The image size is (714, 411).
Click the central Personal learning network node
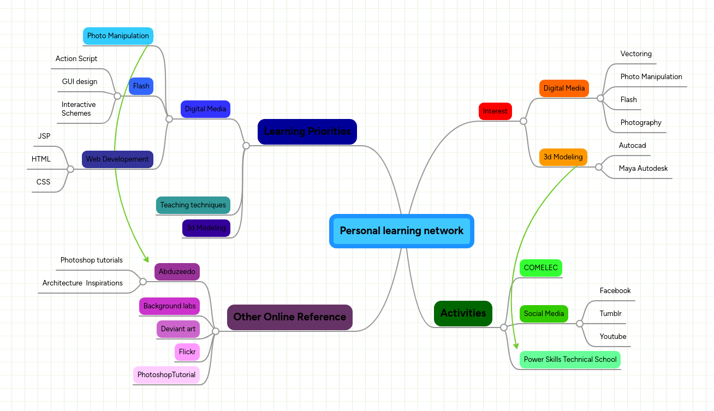click(x=401, y=231)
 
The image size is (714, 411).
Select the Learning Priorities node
click(x=307, y=132)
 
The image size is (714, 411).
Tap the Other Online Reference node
click(x=289, y=317)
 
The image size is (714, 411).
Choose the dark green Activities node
click(x=463, y=313)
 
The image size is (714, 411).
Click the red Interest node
click(x=495, y=111)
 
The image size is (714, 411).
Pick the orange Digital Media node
click(x=564, y=88)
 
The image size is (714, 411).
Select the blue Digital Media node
click(x=205, y=109)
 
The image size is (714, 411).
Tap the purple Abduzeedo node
click(x=177, y=272)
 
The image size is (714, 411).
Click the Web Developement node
click(x=117, y=159)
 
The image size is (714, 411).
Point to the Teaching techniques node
click(x=193, y=205)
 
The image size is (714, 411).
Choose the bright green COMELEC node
click(x=540, y=268)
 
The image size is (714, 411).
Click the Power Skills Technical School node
click(x=570, y=360)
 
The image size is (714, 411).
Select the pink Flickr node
click(x=187, y=352)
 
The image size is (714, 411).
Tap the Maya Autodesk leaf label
click(x=643, y=169)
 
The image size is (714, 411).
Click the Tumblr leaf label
click(x=610, y=314)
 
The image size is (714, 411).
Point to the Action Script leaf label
click(x=76, y=59)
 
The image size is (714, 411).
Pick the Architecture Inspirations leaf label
click(x=82, y=283)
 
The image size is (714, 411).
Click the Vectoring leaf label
click(x=636, y=54)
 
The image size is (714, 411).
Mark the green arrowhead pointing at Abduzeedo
click(x=146, y=259)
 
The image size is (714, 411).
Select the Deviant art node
click(x=178, y=329)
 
